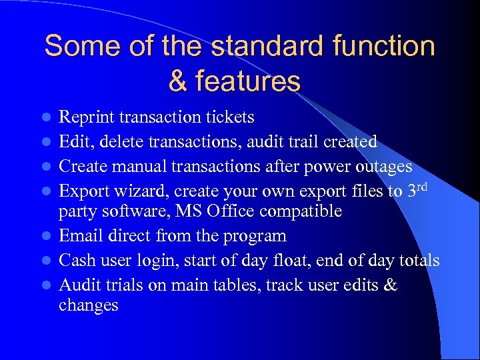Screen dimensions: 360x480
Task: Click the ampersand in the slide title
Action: point(179,81)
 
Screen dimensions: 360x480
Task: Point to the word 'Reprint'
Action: point(87,118)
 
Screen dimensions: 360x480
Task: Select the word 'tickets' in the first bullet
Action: point(231,118)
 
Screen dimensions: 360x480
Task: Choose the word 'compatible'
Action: point(304,212)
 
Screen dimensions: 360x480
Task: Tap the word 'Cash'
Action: point(77,260)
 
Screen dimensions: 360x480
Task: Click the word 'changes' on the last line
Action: point(89,306)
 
